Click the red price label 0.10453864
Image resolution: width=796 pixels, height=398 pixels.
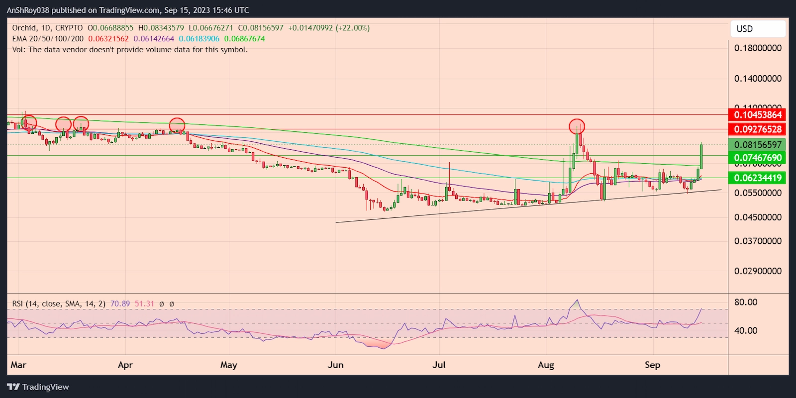coord(757,115)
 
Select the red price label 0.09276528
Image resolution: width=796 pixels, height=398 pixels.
coord(757,129)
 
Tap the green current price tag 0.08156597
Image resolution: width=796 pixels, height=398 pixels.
coord(757,145)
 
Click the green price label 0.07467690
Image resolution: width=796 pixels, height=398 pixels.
coord(757,158)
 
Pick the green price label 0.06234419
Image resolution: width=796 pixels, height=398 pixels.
coord(757,178)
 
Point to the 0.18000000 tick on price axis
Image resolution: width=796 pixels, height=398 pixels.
coord(757,48)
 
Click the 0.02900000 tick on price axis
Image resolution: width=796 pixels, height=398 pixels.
coord(757,271)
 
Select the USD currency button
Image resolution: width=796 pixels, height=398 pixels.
coord(757,29)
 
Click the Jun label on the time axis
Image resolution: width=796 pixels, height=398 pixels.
coord(336,365)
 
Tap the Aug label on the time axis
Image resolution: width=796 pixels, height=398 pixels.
coord(546,365)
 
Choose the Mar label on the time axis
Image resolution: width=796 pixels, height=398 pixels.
coord(18,365)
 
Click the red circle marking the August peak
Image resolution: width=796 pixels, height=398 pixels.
coord(577,126)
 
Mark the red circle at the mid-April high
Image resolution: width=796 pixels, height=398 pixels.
coord(177,125)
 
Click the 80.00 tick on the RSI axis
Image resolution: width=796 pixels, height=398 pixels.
coord(745,302)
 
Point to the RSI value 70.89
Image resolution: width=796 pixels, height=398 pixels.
coord(120,303)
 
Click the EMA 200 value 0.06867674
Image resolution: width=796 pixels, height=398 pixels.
coord(244,39)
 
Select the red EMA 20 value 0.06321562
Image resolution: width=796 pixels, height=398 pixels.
coord(108,39)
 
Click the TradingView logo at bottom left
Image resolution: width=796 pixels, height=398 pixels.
coord(38,387)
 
